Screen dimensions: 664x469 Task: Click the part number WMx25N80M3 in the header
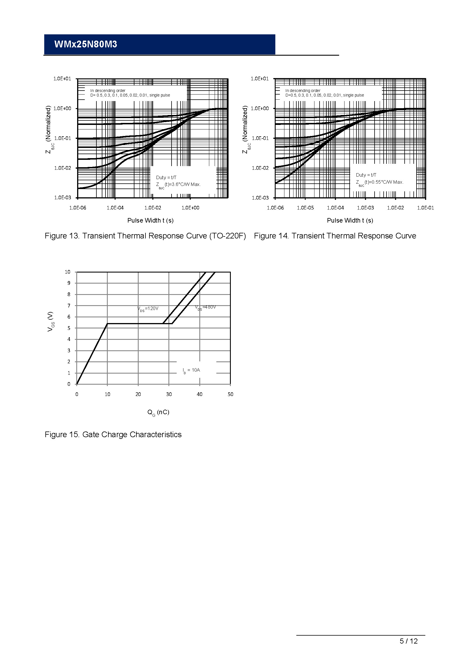pos(85,44)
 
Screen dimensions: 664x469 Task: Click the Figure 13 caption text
pos(145,236)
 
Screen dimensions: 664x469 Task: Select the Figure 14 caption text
pos(335,236)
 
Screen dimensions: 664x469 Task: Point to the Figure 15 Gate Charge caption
pos(113,435)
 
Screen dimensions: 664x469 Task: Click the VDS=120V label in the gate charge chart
pos(148,309)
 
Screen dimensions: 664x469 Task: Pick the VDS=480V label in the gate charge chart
pos(205,307)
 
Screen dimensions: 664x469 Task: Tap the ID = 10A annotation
pos(191,370)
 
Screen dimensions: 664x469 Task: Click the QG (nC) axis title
pos(158,412)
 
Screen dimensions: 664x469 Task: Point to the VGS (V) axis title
pos(50,321)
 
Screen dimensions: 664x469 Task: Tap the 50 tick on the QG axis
pos(230,394)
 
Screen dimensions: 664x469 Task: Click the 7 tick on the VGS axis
pos(69,306)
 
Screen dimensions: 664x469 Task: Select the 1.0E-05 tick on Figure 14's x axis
pos(305,208)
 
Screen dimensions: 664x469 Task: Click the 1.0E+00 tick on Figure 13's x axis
pos(190,208)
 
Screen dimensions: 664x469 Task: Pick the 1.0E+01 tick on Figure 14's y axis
pos(260,79)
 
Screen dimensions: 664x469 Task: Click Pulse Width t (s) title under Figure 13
pos(151,220)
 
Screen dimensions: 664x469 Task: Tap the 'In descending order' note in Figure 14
pos(303,91)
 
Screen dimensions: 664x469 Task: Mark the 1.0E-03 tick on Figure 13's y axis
pos(63,198)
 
